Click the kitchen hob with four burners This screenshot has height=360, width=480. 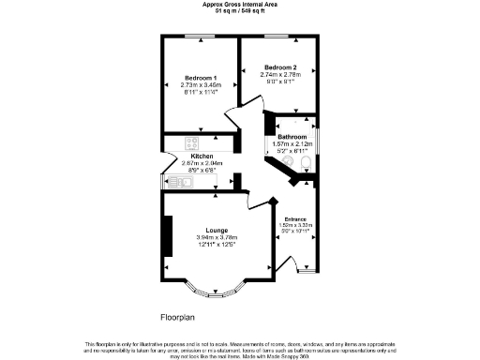pos(192,143)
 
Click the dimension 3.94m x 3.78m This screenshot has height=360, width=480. pos(218,238)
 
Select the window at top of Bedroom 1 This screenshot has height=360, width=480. pos(199,37)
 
